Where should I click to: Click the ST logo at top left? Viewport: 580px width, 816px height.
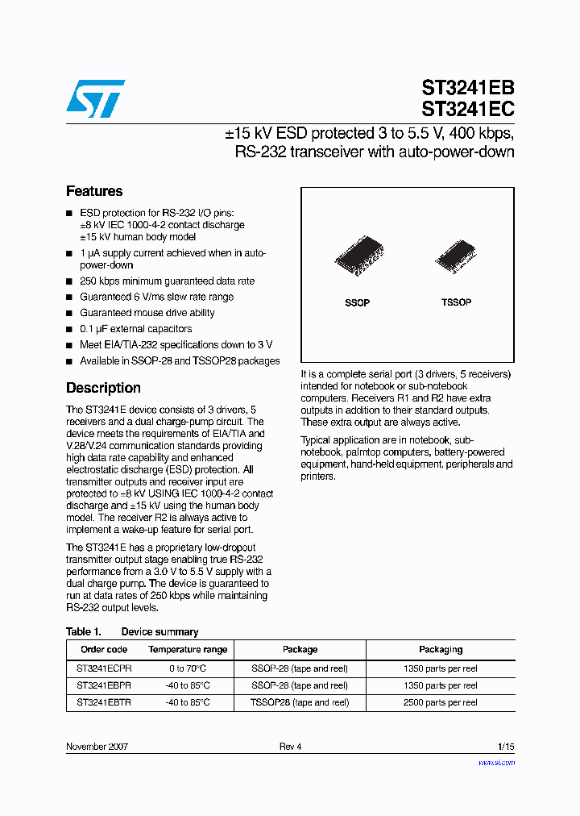pos(95,97)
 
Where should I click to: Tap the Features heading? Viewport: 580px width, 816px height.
pos(94,191)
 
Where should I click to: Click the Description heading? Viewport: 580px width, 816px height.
pos(103,388)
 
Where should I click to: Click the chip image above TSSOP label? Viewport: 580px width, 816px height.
pos(456,256)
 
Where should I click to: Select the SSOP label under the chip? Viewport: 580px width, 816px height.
pos(357,303)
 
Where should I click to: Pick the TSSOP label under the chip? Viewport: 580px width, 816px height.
pos(456,302)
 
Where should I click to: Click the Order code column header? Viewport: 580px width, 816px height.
pos(104,650)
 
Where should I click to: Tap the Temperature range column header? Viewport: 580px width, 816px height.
pos(188,650)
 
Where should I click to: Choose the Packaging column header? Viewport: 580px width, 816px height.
pos(441,650)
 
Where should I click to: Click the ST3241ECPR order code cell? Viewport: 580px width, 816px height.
pos(104,668)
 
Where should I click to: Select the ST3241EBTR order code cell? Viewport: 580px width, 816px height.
pos(104,703)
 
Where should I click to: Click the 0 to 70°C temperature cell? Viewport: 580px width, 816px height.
pos(188,668)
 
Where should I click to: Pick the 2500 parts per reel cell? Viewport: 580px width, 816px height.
pos(441,703)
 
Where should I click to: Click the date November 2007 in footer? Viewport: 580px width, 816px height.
pos(97,747)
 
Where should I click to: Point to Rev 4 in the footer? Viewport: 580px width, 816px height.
pos(290,747)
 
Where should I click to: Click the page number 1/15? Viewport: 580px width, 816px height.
pos(506,747)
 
